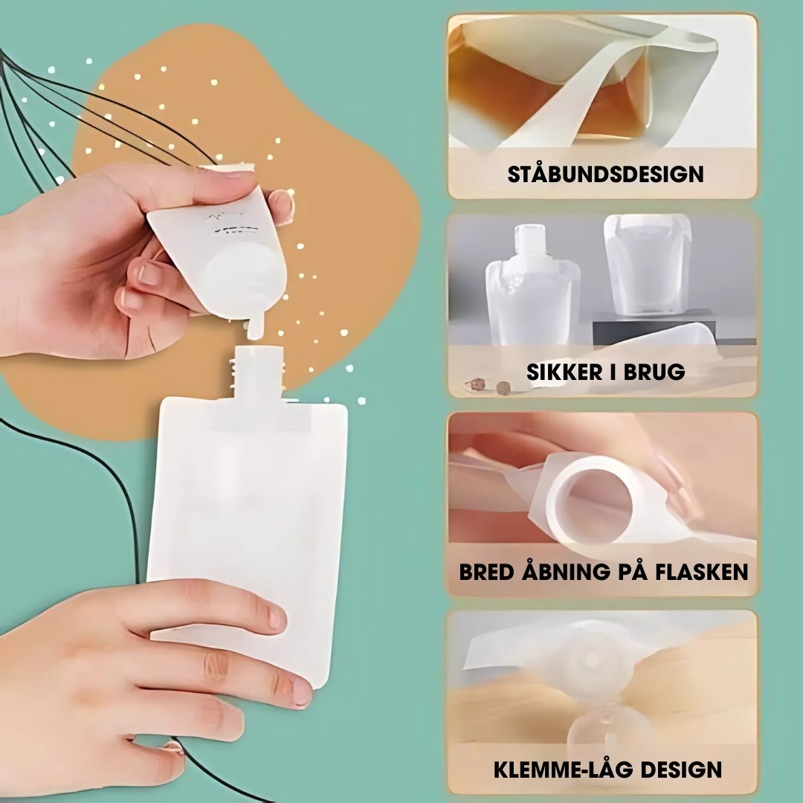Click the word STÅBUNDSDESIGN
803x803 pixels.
(x=605, y=175)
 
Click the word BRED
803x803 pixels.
(x=488, y=572)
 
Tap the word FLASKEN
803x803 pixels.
(x=703, y=572)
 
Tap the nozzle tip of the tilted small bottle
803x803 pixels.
(x=254, y=327)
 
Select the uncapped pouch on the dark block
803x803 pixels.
(x=646, y=264)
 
